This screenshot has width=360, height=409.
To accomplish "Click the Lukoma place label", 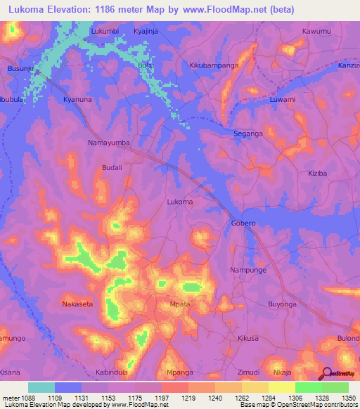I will pyautogui.click(x=179, y=202).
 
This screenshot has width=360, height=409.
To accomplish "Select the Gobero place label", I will pyautogui.click(x=243, y=223).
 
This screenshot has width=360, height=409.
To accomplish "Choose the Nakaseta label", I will pyautogui.click(x=79, y=304).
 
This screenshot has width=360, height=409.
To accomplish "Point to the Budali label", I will pyautogui.click(x=112, y=168).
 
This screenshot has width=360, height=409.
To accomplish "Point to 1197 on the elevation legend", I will pyautogui.click(x=161, y=398).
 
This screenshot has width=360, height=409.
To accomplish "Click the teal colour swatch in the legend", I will pyautogui.click(x=41, y=387).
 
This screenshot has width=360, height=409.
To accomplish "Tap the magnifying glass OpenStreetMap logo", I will pyautogui.click(x=327, y=375).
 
